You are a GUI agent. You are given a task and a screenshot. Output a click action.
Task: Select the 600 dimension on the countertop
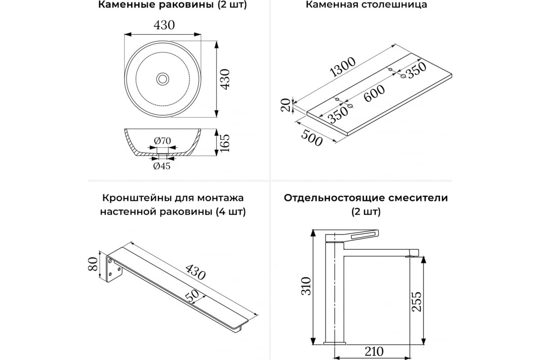(374, 93)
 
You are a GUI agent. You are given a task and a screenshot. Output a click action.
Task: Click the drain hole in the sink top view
(163, 79)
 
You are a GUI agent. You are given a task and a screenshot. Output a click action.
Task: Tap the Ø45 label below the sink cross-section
(162, 166)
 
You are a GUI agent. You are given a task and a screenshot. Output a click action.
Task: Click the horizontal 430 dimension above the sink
(164, 26)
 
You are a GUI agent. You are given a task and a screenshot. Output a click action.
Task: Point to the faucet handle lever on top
(355, 235)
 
